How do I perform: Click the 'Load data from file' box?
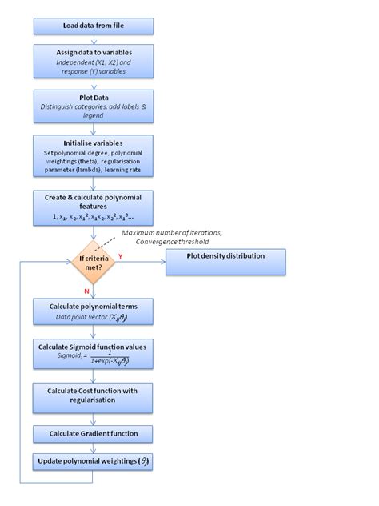(93, 25)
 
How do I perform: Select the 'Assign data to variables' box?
(93, 61)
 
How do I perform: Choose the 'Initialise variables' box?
(93, 157)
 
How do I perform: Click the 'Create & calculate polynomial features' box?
(93, 207)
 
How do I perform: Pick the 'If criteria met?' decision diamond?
(94, 263)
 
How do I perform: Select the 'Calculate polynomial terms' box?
(93, 311)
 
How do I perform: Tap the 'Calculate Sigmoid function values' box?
(93, 353)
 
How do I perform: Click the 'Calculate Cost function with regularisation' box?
(93, 395)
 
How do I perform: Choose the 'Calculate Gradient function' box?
(93, 433)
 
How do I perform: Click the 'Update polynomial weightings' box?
(93, 462)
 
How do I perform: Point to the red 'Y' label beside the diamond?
(120, 256)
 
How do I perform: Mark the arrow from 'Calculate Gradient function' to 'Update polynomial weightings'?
(93, 448)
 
